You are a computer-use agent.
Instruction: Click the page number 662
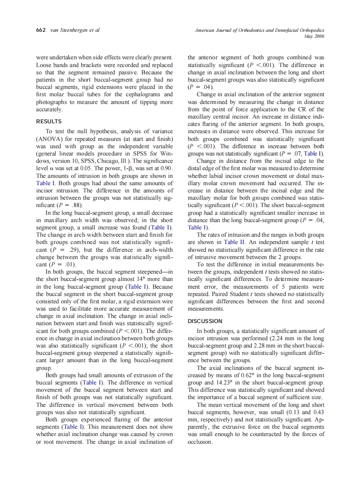coord(42,31)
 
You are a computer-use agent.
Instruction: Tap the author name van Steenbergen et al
coord(75,31)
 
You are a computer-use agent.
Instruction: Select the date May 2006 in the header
coord(314,37)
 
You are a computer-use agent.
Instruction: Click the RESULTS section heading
coord(49,122)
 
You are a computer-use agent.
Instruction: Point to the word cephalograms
coord(140,95)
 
